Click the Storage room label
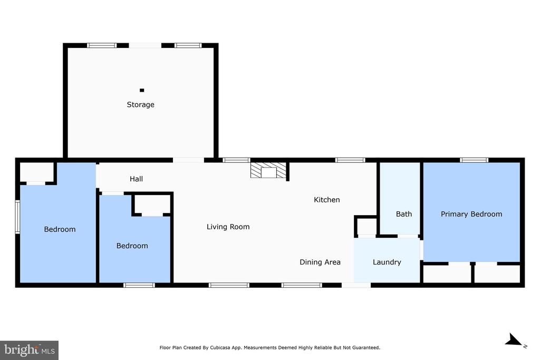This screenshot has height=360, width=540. [x=140, y=104]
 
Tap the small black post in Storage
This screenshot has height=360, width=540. [x=141, y=90]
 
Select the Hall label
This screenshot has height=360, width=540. [x=136, y=179]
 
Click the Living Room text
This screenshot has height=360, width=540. [x=228, y=227]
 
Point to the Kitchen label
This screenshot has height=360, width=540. [x=327, y=200]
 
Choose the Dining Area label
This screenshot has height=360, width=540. [x=320, y=262]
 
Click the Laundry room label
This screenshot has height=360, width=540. [x=387, y=262]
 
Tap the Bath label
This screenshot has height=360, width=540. [x=404, y=214]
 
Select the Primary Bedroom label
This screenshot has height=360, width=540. [x=471, y=214]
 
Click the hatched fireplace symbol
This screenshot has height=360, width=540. [x=269, y=170]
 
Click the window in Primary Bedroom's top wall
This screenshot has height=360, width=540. [x=474, y=160]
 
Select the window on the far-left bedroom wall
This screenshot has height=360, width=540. [x=17, y=217]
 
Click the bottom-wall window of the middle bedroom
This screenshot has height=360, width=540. [x=139, y=285]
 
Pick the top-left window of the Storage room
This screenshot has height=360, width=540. [x=102, y=45]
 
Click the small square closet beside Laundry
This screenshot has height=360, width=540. [x=367, y=227]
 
